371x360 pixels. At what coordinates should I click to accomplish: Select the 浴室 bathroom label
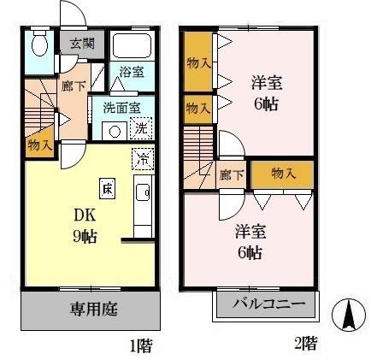[x=130, y=74]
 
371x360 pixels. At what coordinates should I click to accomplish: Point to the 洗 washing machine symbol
[x=143, y=128]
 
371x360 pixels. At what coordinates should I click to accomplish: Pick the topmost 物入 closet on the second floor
[x=197, y=62]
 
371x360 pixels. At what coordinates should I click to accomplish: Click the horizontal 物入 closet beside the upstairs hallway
[x=282, y=174]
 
